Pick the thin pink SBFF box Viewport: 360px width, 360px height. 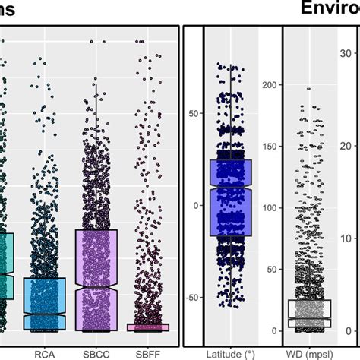[x=147, y=327]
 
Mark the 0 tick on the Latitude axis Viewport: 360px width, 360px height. [x=196, y=205]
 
